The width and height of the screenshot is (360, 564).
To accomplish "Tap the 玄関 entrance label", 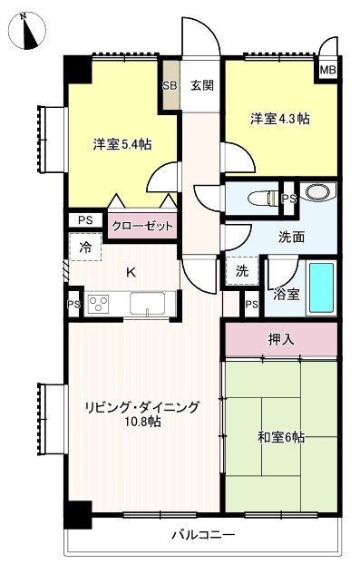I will coord(201,86).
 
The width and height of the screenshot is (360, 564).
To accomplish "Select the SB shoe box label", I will coord(170,86).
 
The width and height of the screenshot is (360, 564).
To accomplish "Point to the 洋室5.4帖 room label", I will coord(122,144).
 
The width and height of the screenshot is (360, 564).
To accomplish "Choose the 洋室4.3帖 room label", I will coord(280,118).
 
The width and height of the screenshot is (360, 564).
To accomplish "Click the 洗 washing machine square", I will coord(241,271).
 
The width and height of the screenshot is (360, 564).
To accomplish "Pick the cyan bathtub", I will coord(321,287).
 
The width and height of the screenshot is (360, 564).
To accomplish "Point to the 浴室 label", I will coord(287,294).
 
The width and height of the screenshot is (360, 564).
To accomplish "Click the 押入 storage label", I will coord(280,339).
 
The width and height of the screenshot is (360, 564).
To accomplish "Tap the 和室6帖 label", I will coord(280,437).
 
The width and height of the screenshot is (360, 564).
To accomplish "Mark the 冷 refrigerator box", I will coord(85,248).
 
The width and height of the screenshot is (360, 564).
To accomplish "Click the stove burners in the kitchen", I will coord(98,304).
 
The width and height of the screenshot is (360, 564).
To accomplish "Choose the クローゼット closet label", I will coord(142,225).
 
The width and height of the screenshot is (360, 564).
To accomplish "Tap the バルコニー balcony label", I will coord(203,536).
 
